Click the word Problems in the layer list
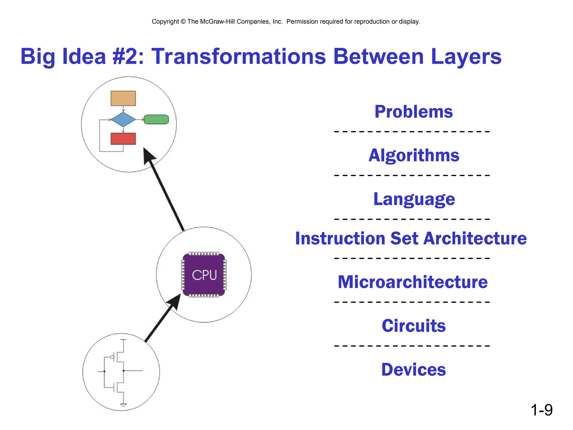point(413,112)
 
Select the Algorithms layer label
point(414,155)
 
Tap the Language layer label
point(414,199)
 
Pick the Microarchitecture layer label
point(412,282)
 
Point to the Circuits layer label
point(413,326)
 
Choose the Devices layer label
point(413,370)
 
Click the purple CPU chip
point(204,275)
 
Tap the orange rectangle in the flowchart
point(123,98)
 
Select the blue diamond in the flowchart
point(123,120)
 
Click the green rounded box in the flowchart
point(156,120)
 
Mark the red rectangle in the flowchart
point(123,139)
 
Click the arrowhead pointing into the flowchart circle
point(148,156)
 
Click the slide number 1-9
point(541,410)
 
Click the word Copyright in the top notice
point(165,22)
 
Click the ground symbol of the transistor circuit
point(123,405)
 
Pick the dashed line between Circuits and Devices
point(412,346)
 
